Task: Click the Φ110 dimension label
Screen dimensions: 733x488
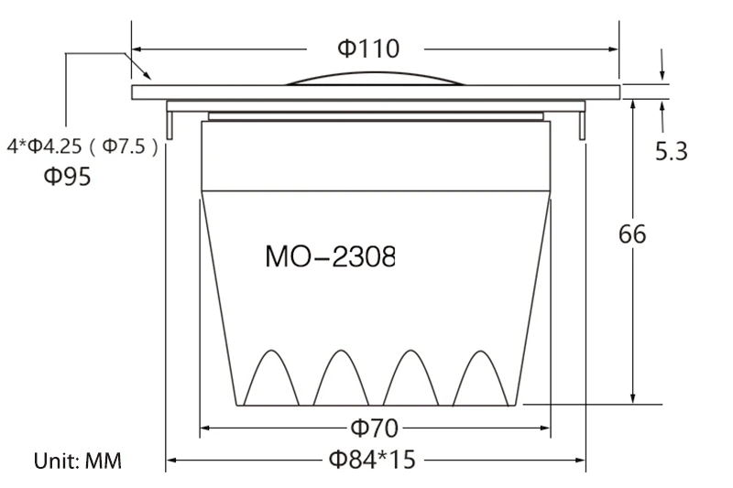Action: coord(368,49)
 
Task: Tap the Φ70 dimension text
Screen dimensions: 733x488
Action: coord(375,428)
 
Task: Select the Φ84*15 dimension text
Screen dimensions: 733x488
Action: coord(372,460)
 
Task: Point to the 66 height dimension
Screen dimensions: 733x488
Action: coord(632,234)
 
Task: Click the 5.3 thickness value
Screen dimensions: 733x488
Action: coord(672,151)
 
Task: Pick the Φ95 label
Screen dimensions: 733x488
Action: coord(67,177)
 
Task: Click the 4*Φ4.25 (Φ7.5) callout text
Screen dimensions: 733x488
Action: coord(82,146)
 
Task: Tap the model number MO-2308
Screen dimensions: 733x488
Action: coord(330,256)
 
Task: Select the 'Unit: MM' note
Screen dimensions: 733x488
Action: coord(78,461)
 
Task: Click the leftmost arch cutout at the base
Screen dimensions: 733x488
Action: coord(271,351)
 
